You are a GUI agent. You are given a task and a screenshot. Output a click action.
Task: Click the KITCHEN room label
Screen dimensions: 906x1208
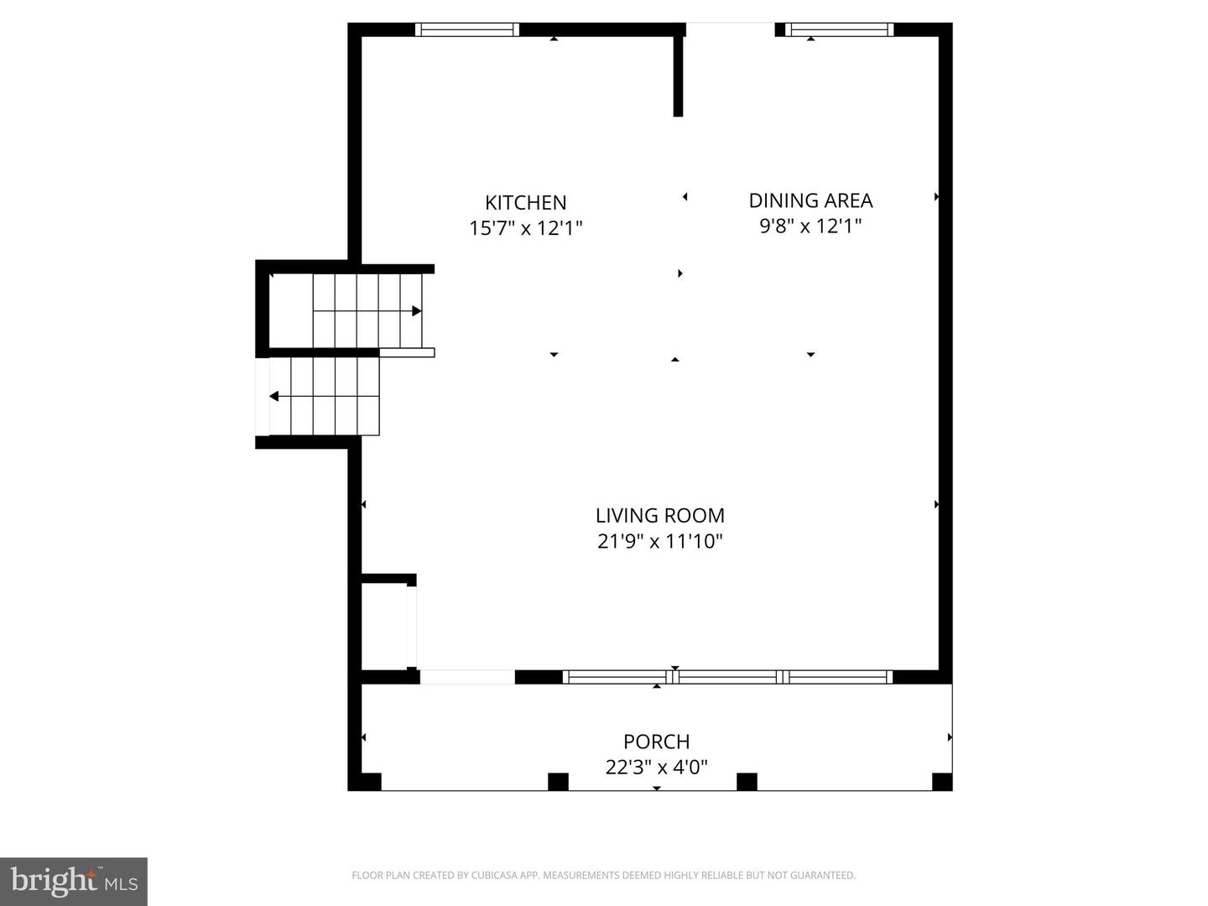(526, 202)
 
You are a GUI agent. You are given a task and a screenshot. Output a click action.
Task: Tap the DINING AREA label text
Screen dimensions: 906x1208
(810, 200)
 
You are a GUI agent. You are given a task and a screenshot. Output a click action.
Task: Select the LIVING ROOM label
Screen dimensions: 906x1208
(660, 515)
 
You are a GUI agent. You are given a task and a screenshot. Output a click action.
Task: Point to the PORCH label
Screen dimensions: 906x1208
(657, 742)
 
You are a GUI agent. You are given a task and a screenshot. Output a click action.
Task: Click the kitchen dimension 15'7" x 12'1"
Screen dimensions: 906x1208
(526, 227)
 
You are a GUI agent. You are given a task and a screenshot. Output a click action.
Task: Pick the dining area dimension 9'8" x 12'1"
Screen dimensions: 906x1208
(810, 226)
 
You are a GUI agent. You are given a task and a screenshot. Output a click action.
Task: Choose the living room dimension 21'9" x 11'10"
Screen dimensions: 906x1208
(660, 541)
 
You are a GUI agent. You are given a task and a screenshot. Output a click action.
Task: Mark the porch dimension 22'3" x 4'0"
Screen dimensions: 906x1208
(657, 767)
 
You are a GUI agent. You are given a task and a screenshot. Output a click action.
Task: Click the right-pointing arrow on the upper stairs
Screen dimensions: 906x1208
(416, 311)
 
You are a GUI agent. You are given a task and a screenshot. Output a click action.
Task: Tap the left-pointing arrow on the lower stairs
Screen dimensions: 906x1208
(274, 396)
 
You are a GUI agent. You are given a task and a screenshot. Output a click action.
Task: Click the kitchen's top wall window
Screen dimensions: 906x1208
(467, 29)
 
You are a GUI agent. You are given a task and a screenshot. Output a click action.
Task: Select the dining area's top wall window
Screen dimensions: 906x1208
(839, 29)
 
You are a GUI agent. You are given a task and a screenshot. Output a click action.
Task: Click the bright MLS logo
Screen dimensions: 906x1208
(74, 881)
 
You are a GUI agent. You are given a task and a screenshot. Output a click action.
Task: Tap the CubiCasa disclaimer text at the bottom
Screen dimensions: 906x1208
(603, 875)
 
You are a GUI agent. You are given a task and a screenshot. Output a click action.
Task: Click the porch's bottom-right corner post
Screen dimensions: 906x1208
(942, 782)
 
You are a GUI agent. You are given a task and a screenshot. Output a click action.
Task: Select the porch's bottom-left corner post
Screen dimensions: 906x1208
(369, 782)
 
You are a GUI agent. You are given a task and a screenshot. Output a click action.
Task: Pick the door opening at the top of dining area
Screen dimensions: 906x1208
(730, 29)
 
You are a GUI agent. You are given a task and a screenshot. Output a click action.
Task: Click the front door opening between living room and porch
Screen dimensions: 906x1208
(467, 677)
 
